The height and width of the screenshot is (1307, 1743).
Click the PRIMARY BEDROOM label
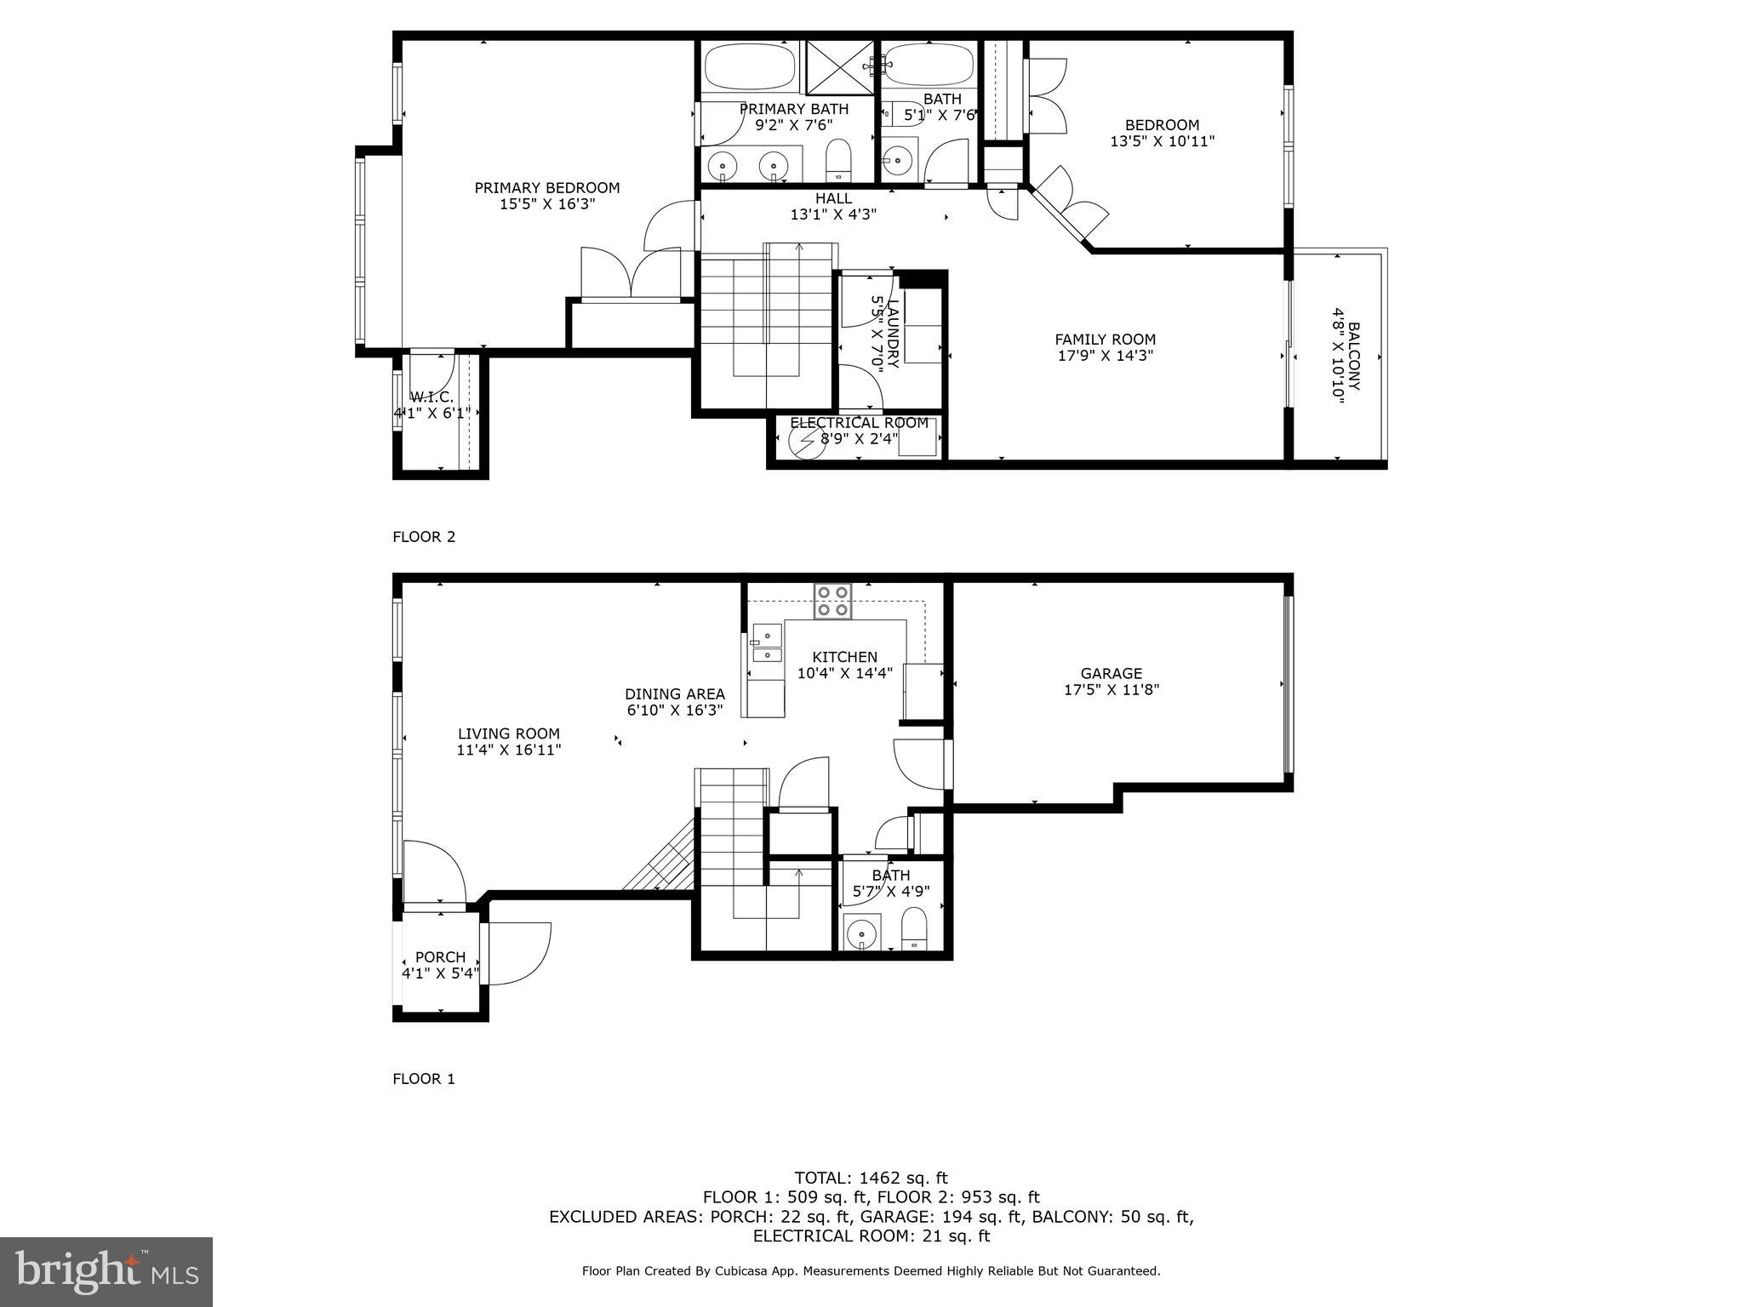tap(546, 188)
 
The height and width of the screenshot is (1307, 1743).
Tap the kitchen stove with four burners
tap(832, 600)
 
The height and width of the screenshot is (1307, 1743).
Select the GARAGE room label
tap(1111, 673)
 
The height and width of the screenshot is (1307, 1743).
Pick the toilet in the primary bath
tap(838, 161)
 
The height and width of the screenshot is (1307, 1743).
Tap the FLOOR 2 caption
tap(424, 537)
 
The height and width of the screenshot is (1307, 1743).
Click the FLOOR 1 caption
tap(424, 1079)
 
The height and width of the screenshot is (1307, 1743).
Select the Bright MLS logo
tap(106, 1272)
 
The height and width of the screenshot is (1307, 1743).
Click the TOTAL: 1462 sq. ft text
tap(871, 1178)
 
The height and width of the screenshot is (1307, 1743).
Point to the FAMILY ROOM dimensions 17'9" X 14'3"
tap(1105, 356)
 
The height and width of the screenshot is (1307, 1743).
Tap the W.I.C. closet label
tap(432, 397)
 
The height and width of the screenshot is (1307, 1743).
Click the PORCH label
tap(440, 957)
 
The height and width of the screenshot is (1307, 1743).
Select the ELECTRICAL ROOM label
tap(859, 423)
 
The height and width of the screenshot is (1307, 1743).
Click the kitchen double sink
tap(767, 643)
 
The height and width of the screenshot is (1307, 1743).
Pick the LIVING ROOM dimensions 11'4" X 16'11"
tap(508, 750)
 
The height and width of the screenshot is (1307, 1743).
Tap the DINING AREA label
tap(674, 693)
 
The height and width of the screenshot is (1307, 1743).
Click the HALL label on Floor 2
tap(833, 198)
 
